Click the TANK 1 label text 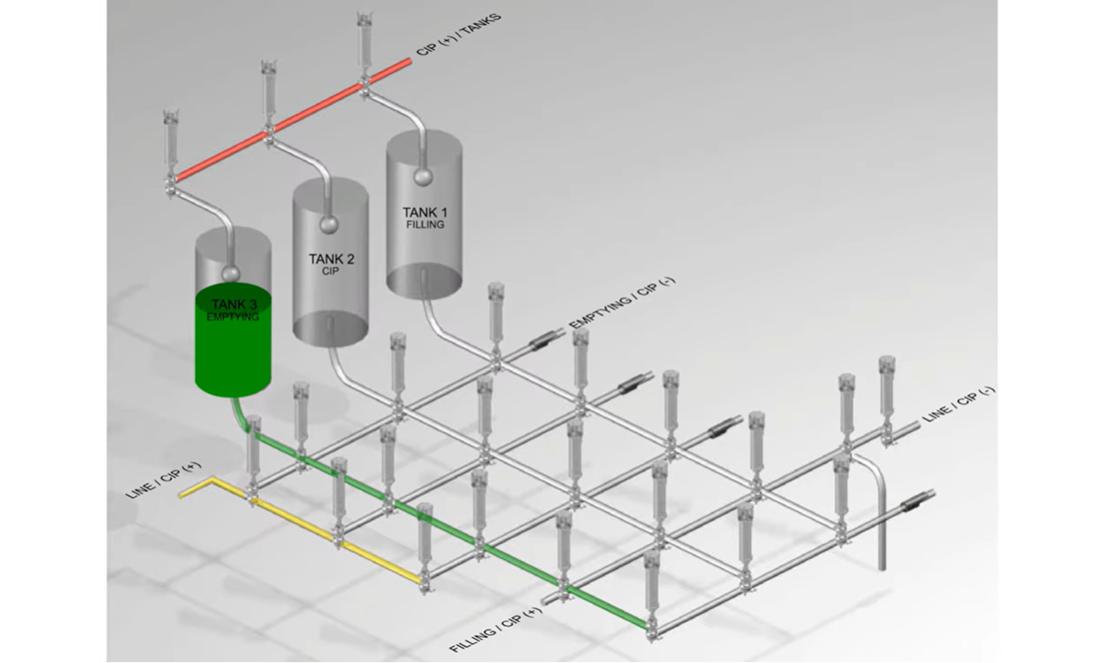424,212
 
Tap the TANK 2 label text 332,259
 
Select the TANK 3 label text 233,304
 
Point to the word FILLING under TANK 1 425,225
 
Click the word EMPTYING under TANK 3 233,317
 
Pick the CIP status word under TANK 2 331,271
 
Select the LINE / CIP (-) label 959,404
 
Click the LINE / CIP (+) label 163,480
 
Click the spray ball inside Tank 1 422,177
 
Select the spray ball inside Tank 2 329,225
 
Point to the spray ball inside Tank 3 231,272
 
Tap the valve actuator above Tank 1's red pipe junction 364,42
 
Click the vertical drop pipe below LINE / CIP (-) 881,516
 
